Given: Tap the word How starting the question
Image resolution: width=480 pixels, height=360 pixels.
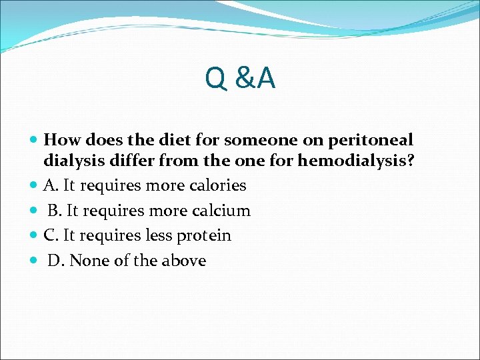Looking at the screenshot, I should point(61,141).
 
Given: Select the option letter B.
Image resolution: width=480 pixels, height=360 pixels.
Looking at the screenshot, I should point(54,211).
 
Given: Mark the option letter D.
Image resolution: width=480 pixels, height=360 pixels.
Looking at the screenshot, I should point(55,261).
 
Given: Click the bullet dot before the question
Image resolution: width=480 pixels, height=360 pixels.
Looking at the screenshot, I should point(35,141).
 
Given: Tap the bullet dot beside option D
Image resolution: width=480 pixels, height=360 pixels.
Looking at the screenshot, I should point(35,261).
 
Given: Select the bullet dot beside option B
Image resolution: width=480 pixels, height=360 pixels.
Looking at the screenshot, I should point(35,211).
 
